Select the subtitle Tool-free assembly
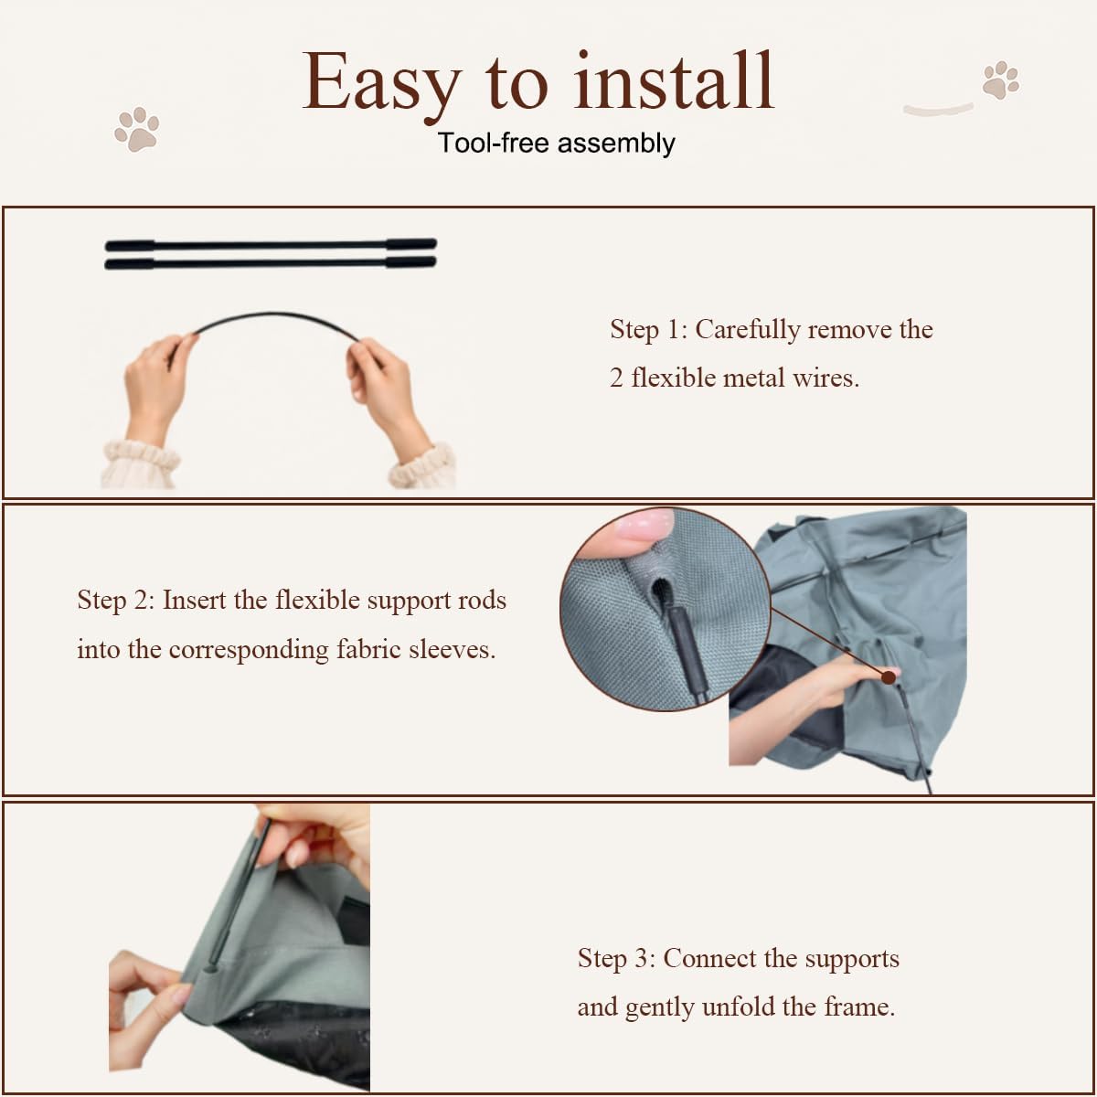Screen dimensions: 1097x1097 [556, 143]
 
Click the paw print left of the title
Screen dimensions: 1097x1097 [136, 129]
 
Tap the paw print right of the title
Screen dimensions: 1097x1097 [1000, 80]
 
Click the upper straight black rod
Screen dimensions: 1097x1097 [271, 245]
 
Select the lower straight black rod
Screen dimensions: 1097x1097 [271, 263]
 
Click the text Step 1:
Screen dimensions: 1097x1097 [648, 330]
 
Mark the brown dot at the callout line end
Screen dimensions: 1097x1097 [888, 677]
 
